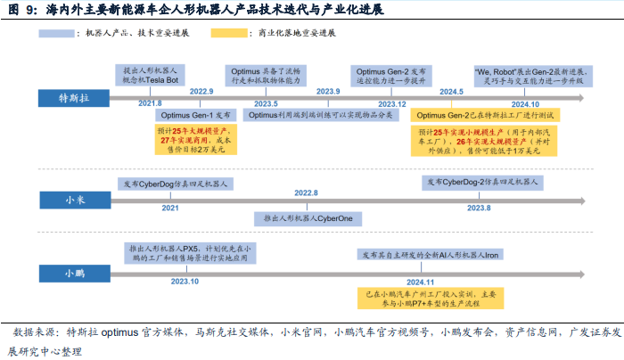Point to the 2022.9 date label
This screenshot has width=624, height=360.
[202, 92]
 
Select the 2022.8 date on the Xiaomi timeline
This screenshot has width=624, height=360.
[306, 193]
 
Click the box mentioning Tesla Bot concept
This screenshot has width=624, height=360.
[151, 74]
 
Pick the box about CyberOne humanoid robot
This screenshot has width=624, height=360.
[306, 217]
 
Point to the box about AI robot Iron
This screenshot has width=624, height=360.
[428, 255]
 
